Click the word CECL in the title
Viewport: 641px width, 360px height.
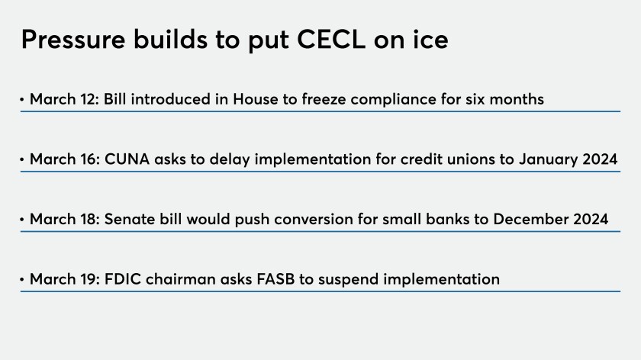(330, 39)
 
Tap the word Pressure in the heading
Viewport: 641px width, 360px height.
(73, 39)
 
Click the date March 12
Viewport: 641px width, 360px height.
(64, 99)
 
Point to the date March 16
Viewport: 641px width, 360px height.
(65, 159)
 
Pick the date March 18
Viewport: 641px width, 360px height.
(65, 219)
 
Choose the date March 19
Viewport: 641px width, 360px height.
(65, 279)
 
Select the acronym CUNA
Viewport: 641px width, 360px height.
(127, 159)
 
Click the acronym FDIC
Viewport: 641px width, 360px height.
(123, 279)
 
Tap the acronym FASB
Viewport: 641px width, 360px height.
(275, 279)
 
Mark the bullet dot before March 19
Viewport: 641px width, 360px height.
(22, 279)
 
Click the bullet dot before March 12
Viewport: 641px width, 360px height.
(22, 99)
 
